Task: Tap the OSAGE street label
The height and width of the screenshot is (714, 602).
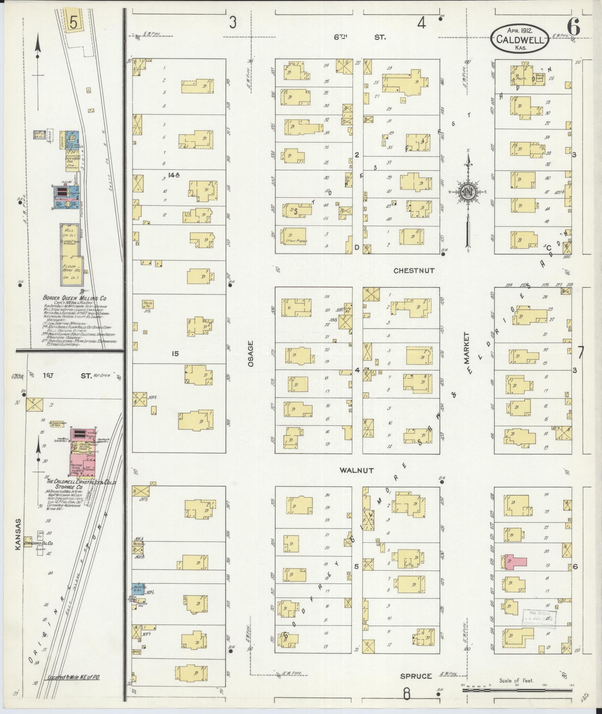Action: click(250, 353)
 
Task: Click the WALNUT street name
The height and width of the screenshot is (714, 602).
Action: click(356, 471)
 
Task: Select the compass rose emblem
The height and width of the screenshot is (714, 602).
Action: click(467, 192)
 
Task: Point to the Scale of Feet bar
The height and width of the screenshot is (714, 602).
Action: click(517, 690)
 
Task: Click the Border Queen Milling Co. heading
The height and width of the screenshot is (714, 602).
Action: click(75, 298)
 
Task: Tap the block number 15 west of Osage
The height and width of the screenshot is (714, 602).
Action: click(175, 353)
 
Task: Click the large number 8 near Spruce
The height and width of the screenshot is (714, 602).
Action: click(406, 695)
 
